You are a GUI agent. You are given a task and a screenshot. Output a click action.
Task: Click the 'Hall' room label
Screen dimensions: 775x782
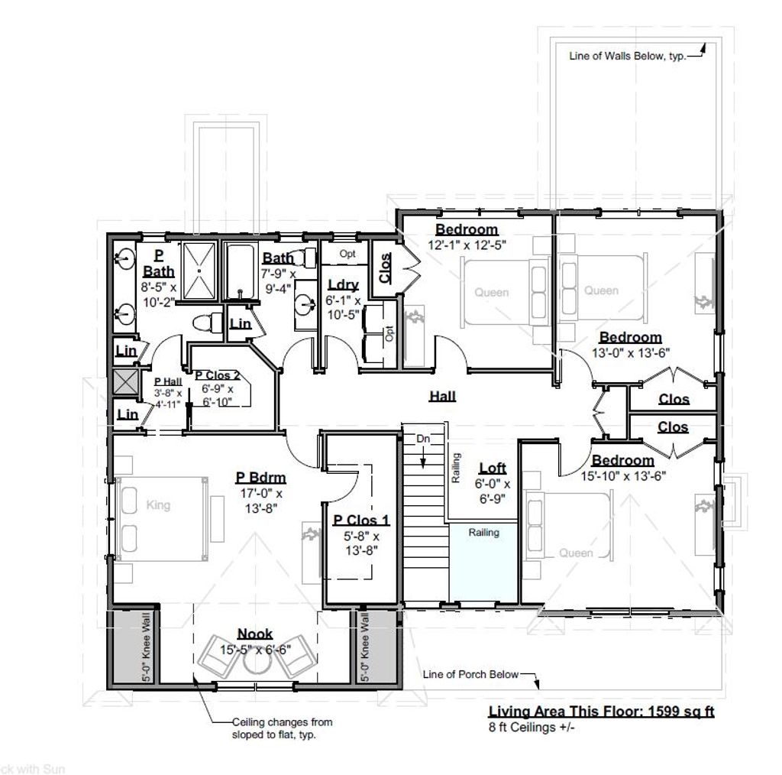[x=442, y=396]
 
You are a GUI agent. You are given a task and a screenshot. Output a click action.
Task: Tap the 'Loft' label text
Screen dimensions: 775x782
[x=493, y=469]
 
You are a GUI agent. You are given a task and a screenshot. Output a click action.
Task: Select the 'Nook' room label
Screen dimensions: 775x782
[x=255, y=634]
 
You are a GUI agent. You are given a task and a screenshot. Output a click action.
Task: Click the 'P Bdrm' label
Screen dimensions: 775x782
[x=260, y=478]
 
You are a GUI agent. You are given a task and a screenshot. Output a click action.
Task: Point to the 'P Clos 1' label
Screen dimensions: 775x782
[x=361, y=520]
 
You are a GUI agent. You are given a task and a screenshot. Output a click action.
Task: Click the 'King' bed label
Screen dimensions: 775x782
[x=158, y=505]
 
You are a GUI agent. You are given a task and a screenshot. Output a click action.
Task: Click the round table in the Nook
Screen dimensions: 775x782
[x=255, y=663]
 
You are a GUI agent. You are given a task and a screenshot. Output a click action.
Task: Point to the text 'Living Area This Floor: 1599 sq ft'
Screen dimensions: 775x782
[x=601, y=712]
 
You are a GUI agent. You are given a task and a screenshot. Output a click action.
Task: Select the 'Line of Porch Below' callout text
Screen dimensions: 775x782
[x=471, y=674]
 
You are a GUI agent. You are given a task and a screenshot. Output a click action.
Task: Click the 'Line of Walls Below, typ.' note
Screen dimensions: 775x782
[x=627, y=56]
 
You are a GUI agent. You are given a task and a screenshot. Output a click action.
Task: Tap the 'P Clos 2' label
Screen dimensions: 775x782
[x=218, y=375]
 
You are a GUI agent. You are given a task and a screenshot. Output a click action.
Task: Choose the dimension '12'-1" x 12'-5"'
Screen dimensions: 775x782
[x=467, y=245]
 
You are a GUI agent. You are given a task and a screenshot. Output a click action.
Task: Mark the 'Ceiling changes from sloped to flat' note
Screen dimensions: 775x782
[x=282, y=728]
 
